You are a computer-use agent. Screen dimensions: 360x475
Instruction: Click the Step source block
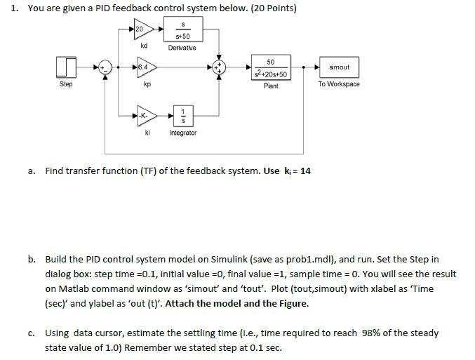(65, 67)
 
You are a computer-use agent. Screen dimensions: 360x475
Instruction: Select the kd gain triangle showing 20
(144, 30)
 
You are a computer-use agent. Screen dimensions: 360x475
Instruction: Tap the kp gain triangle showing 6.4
(145, 67)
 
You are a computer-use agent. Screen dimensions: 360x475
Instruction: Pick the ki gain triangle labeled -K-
(145, 115)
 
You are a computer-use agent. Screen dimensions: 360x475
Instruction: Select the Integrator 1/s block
(182, 115)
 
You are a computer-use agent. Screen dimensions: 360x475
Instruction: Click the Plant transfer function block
(270, 67)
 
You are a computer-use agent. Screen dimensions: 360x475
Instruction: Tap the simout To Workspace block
(338, 67)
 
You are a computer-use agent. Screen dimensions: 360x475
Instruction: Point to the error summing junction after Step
(105, 67)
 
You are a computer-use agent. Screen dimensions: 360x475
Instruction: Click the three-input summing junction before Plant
(220, 67)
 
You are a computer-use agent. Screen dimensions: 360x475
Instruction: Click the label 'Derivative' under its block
(182, 48)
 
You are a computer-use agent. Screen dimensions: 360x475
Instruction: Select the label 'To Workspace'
(338, 84)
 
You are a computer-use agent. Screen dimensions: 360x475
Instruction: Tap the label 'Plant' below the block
(270, 86)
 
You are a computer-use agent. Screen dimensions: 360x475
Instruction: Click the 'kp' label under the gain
(147, 84)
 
